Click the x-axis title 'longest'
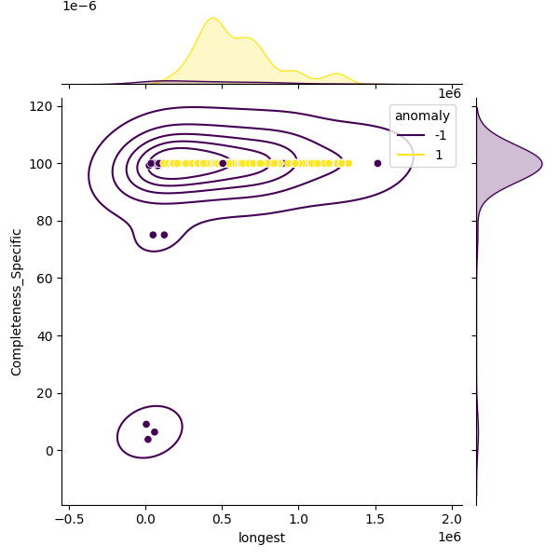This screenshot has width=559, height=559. click(x=262, y=538)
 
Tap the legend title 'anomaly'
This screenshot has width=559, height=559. click(x=422, y=116)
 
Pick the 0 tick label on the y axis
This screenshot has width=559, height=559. click(x=52, y=451)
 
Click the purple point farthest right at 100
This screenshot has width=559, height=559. click(x=377, y=163)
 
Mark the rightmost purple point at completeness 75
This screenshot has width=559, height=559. click(x=164, y=235)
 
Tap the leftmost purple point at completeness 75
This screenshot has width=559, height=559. click(x=153, y=235)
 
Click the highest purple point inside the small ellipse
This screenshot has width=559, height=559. click(x=146, y=424)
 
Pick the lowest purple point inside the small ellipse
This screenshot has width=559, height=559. click(x=148, y=439)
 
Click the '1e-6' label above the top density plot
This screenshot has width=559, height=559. click(x=79, y=7)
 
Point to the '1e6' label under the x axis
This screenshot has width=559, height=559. click(x=449, y=538)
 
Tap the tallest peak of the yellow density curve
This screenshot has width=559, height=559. click(x=212, y=18)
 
